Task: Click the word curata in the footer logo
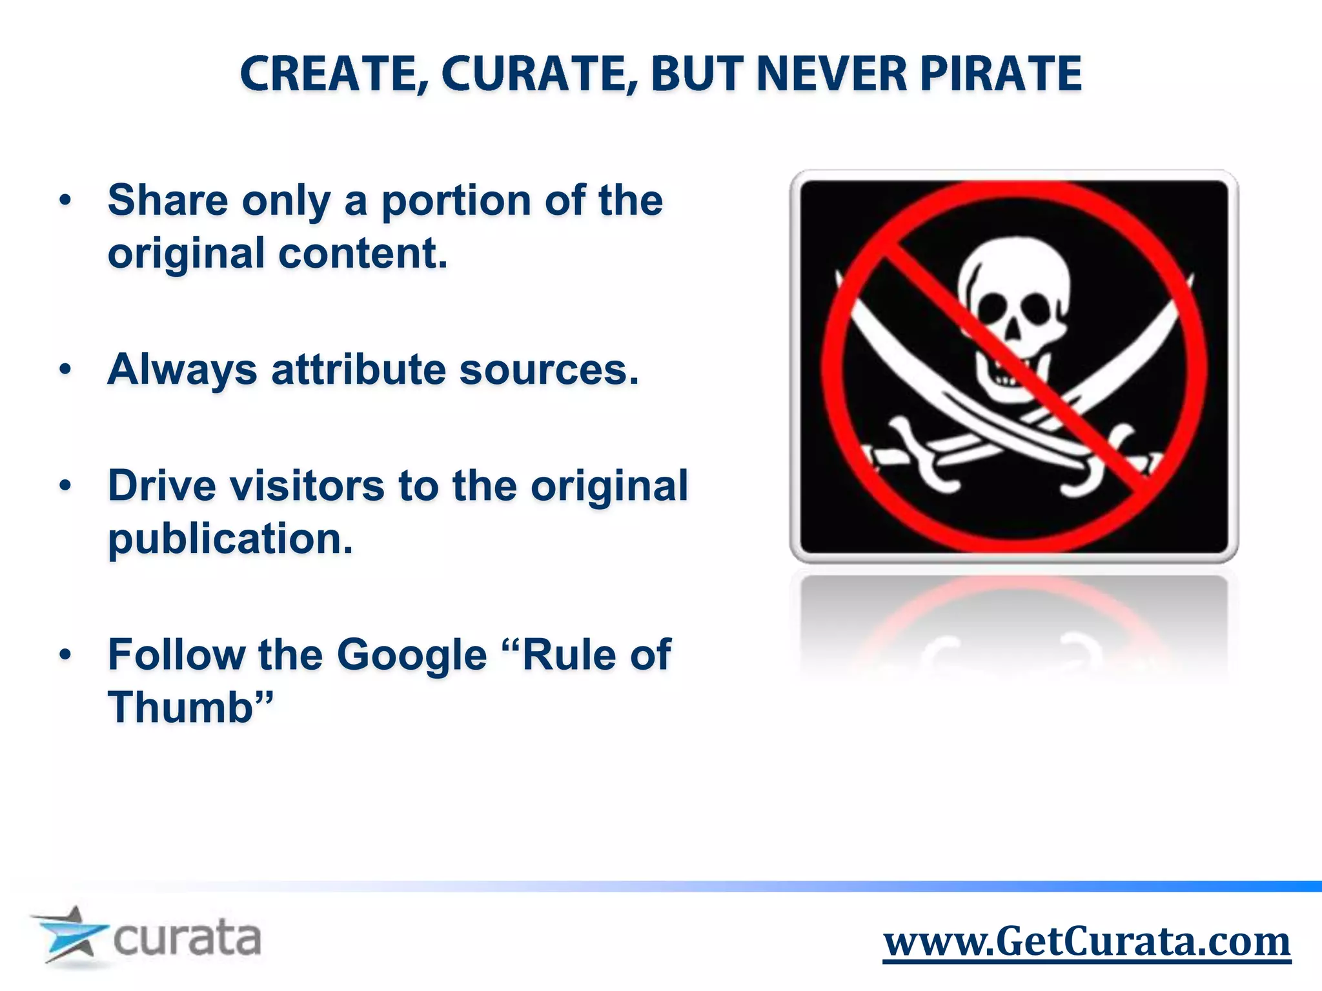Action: (x=187, y=939)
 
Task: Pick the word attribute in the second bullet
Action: (x=358, y=370)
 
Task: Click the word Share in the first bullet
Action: (x=167, y=200)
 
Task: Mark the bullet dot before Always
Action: (x=65, y=370)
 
